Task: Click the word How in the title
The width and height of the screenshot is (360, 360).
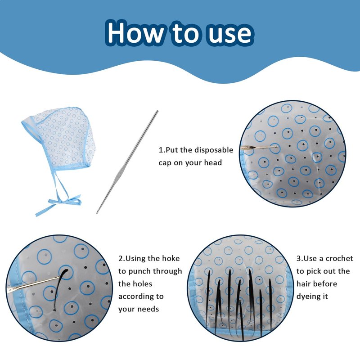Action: (x=135, y=32)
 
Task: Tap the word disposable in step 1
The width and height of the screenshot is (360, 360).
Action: (x=213, y=150)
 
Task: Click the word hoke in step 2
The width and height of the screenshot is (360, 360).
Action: (x=171, y=258)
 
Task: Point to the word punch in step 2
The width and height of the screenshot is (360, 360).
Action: (x=139, y=272)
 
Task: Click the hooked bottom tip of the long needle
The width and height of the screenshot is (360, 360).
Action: (x=97, y=212)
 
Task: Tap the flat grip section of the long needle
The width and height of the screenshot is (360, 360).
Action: (x=120, y=175)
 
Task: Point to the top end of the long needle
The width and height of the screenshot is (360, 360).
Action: (x=157, y=111)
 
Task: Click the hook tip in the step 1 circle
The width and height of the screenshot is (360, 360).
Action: (x=275, y=147)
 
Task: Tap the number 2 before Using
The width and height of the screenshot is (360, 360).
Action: (x=121, y=258)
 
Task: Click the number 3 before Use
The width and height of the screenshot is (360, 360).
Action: (x=298, y=258)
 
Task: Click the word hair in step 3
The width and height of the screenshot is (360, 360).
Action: (x=302, y=284)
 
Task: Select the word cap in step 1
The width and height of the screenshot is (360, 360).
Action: (x=165, y=163)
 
